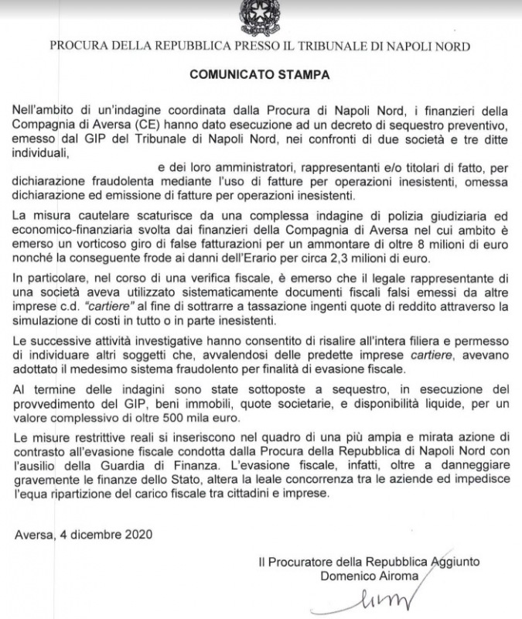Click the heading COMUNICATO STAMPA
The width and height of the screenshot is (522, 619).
click(x=260, y=76)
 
